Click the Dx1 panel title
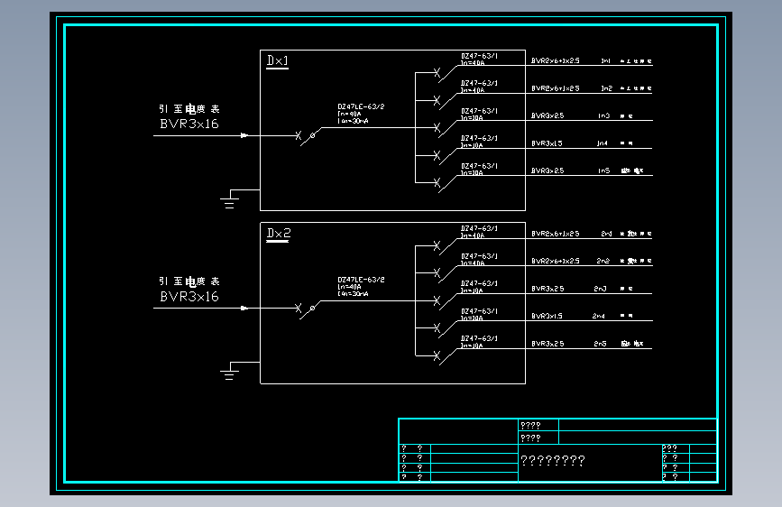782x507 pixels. pos(278,60)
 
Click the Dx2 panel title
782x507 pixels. pos(279,234)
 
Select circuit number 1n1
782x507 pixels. pos(606,61)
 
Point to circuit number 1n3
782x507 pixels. pos(603,116)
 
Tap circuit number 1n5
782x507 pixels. pos(603,171)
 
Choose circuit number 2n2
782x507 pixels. pos(603,262)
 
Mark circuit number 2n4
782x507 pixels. pos(599,317)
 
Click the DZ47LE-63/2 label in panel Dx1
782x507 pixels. pos(361,106)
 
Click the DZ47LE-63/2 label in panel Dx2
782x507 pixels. pos(361,280)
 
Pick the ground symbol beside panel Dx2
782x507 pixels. pos(229,373)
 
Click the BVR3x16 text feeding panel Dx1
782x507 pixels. pos(189,124)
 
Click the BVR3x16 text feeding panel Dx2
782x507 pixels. pos(189,297)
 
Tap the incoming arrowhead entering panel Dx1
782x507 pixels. pos(244,136)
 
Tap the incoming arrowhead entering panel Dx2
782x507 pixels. pos(244,309)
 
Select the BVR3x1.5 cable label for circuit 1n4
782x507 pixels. pos(547,143)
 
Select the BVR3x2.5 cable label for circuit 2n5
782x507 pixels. pos(547,344)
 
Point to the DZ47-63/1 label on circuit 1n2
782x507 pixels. pos(479,83)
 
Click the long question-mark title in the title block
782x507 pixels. pos(553,461)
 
